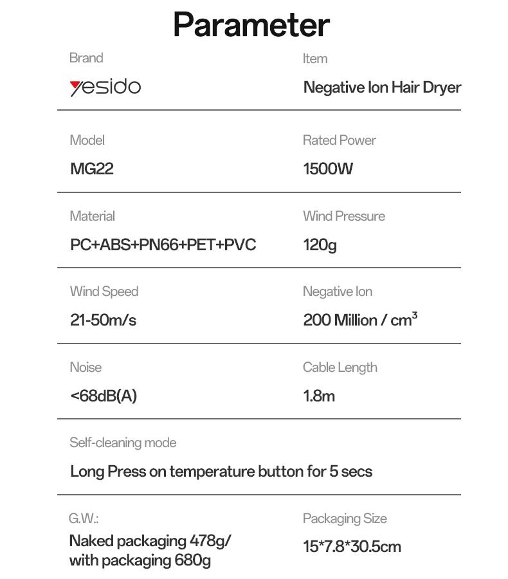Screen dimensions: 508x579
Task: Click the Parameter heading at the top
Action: (251, 25)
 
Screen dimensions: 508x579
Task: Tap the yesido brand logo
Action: (105, 87)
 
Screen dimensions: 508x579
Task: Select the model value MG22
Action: (91, 169)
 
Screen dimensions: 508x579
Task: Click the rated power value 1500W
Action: (328, 169)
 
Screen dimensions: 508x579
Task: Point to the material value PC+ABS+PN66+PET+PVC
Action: (163, 245)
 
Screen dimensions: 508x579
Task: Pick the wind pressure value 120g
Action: (320, 245)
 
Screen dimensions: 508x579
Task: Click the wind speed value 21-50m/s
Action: (103, 320)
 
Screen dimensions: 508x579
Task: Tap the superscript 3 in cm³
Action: (414, 315)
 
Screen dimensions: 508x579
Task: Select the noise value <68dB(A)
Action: (103, 396)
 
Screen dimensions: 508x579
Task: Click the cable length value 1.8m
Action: (319, 396)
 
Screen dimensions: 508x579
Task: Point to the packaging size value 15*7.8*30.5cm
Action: (352, 547)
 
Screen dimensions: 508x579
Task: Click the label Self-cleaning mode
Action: (123, 443)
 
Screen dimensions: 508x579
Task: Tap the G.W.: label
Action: (84, 518)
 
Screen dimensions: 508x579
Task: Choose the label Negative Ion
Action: (338, 291)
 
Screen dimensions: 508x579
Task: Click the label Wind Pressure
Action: (344, 216)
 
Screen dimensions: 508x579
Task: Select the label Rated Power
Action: (340, 140)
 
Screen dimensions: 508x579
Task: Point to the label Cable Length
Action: (340, 367)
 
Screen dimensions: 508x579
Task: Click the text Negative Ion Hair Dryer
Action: (382, 87)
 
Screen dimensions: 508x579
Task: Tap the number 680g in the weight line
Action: (192, 560)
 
